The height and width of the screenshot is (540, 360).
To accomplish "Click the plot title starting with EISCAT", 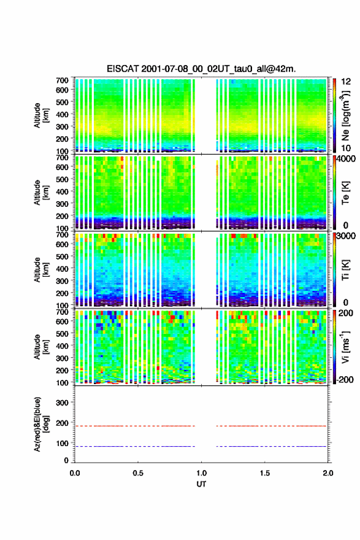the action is click(201, 69).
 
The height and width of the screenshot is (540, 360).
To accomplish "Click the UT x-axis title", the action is click(201, 484).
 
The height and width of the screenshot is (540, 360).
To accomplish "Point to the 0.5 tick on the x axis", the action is click(138, 473).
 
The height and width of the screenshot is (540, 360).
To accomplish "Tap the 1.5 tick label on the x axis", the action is click(265, 473).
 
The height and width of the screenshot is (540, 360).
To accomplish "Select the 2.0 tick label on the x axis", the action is click(327, 473).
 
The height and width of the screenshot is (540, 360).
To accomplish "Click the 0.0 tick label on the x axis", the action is click(75, 473).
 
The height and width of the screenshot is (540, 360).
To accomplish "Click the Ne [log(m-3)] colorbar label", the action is click(345, 115).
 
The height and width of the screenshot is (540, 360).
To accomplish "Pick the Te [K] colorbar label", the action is click(345, 193).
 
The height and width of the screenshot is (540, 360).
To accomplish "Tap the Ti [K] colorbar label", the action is click(345, 270).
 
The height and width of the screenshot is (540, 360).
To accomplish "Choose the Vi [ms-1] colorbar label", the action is click(345, 347).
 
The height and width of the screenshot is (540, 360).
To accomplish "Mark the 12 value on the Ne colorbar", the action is click(346, 82).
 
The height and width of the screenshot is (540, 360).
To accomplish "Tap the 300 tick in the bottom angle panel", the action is click(63, 403).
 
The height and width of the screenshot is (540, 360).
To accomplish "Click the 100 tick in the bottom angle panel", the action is click(63, 443).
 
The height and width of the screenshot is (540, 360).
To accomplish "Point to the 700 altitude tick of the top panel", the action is click(63, 80).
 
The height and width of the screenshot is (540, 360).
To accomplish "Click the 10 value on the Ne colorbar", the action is click(346, 148).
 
